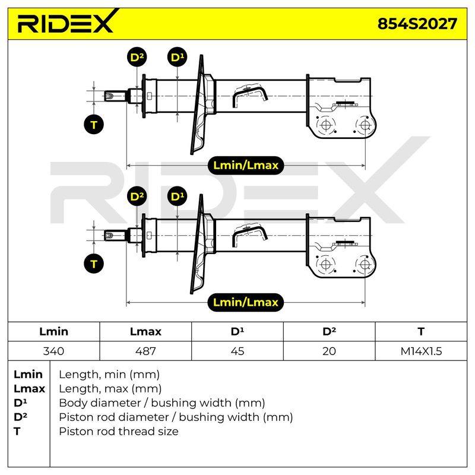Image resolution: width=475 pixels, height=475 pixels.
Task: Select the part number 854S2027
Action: pos(417,24)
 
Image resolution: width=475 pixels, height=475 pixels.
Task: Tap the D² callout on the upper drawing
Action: pos(137,57)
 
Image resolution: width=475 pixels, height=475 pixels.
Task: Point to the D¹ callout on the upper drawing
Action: pos(177,57)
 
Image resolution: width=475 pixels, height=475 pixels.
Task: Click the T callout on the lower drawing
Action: pos(94,264)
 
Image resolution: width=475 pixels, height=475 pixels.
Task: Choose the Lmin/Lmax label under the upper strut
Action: pos(246,165)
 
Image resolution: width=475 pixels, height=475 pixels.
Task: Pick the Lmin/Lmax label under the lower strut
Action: pos(246,302)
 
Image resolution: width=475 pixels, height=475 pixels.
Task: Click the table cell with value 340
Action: pos(53,351)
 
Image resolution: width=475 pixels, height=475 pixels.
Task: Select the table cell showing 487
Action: pos(145,351)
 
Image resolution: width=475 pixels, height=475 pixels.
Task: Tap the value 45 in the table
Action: pos(237,351)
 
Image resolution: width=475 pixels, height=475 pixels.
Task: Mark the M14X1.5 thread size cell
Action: pos(421,351)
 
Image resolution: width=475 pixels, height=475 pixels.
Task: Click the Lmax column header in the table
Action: pos(145,332)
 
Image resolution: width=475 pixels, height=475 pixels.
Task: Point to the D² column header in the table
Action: pos(330,332)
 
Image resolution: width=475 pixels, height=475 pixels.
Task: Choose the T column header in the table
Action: pos(421,332)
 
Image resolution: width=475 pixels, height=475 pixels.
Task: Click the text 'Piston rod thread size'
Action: pos(119,431)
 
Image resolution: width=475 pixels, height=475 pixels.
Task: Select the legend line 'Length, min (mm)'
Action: pos(109,375)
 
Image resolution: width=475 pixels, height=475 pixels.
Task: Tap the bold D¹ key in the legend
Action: pos(20,403)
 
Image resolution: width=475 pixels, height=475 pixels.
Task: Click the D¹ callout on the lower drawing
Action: pos(177,197)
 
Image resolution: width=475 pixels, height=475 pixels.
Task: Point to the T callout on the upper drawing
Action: pos(94,125)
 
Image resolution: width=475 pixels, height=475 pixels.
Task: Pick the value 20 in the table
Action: pos(330,351)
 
